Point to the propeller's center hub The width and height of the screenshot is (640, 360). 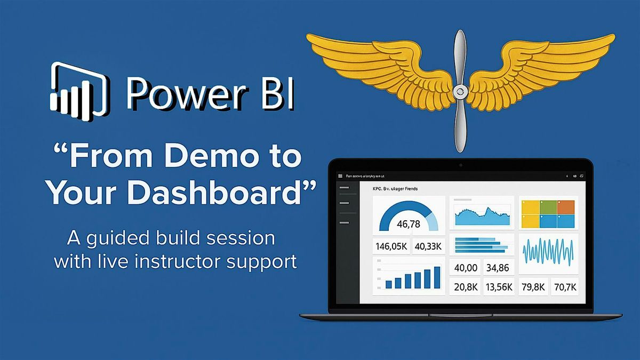tap(459, 92)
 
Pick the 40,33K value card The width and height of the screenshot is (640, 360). tap(428, 246)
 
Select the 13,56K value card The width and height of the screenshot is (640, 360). tap(499, 287)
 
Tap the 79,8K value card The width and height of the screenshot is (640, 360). tap(533, 287)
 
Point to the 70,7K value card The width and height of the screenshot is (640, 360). tap(565, 287)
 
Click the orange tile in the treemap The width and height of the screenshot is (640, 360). tap(566, 207)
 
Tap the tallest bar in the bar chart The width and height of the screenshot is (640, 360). tap(437, 277)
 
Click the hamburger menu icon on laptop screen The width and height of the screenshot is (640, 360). tap(341, 175)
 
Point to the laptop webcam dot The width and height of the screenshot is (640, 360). tap(461, 165)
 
